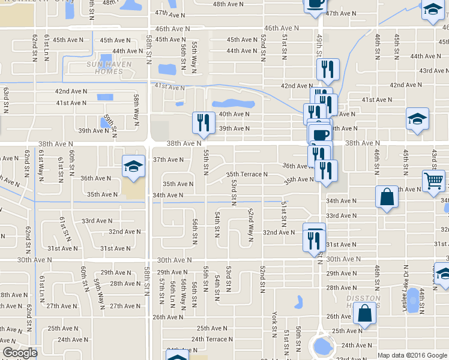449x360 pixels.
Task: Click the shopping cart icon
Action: (x=433, y=180)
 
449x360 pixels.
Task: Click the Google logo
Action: (x=20, y=353)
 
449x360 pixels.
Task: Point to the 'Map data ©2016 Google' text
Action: (x=411, y=355)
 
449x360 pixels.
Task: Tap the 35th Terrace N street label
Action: (x=247, y=175)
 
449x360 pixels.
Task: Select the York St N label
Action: (x=274, y=323)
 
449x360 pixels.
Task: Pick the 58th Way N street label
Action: (x=137, y=107)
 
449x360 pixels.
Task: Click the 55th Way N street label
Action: (x=194, y=57)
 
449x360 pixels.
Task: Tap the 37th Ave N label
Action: (x=168, y=160)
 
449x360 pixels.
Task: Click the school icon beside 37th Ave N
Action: (x=134, y=167)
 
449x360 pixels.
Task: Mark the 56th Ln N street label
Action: (x=172, y=294)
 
